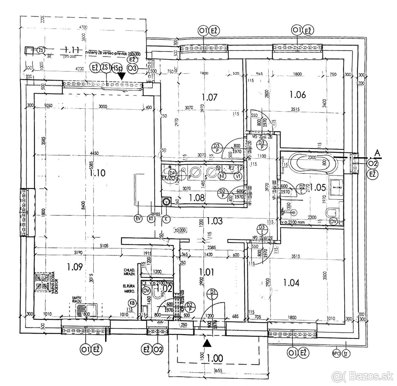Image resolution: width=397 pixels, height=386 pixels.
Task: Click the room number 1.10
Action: click(x=98, y=173)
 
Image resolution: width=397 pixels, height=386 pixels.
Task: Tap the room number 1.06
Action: click(x=298, y=95)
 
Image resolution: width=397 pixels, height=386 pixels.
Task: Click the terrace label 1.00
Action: click(x=215, y=358)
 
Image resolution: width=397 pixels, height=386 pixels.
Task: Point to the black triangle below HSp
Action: click(x=122, y=76)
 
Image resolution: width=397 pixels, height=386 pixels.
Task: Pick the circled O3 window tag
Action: click(x=132, y=69)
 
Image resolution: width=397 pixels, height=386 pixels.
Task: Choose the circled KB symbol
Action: click(x=132, y=303)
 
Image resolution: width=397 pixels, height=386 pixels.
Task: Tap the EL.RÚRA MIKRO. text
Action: click(x=129, y=289)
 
